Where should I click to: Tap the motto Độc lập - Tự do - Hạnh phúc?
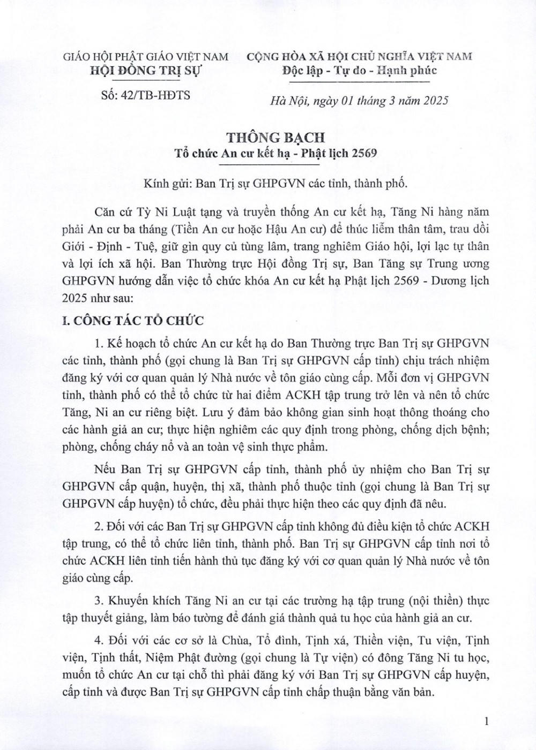coord(359,70)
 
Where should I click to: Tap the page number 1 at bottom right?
coord(486,722)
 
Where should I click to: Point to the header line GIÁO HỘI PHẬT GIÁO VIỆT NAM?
coord(146,56)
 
